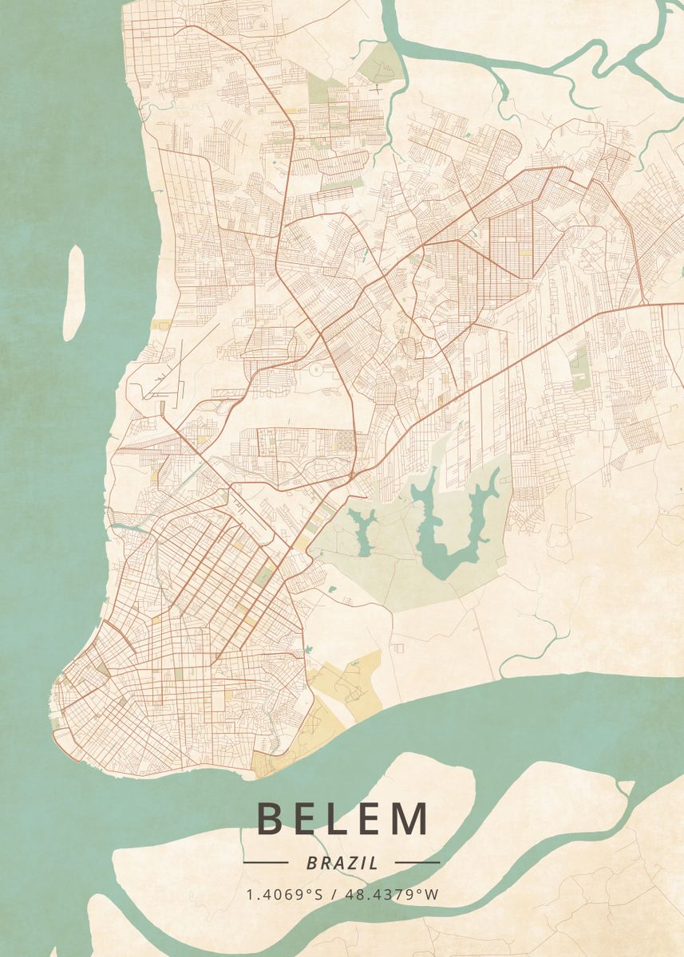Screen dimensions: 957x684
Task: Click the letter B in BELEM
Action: coord(271,819)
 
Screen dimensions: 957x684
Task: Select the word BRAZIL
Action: coord(342,863)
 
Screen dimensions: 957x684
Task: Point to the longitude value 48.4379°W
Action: coord(391,895)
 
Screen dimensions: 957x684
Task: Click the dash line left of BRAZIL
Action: coord(266,862)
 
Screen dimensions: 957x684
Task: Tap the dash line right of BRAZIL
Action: coord(417,862)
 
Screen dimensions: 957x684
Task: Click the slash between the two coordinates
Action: coord(334,895)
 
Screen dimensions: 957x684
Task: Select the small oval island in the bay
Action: coord(74,292)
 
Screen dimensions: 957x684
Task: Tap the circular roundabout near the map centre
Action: coord(316,369)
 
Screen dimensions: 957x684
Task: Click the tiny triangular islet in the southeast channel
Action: coord(627,788)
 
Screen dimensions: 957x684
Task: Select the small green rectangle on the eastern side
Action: coord(579,368)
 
